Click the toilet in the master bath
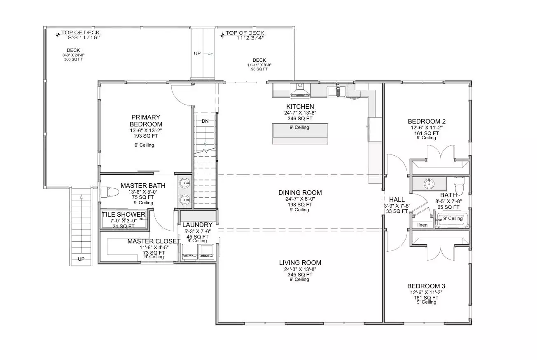click(x=110, y=192)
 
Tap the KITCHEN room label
click(x=300, y=107)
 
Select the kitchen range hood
click(x=300, y=91)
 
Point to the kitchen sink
click(x=337, y=91)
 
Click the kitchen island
click(x=300, y=134)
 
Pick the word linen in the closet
click(x=422, y=225)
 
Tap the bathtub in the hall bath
click(x=452, y=220)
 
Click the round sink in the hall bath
click(x=429, y=184)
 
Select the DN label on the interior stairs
click(x=205, y=121)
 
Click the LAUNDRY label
click(x=197, y=225)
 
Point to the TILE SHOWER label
click(x=124, y=215)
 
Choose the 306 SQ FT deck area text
click(x=73, y=59)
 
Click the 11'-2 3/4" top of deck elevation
click(x=250, y=38)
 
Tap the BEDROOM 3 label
click(x=426, y=286)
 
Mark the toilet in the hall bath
click(x=459, y=185)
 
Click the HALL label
click(x=397, y=199)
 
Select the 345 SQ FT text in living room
click(x=300, y=275)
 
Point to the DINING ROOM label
click(x=300, y=193)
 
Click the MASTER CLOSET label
click(x=154, y=241)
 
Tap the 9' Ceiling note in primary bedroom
click(x=144, y=145)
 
